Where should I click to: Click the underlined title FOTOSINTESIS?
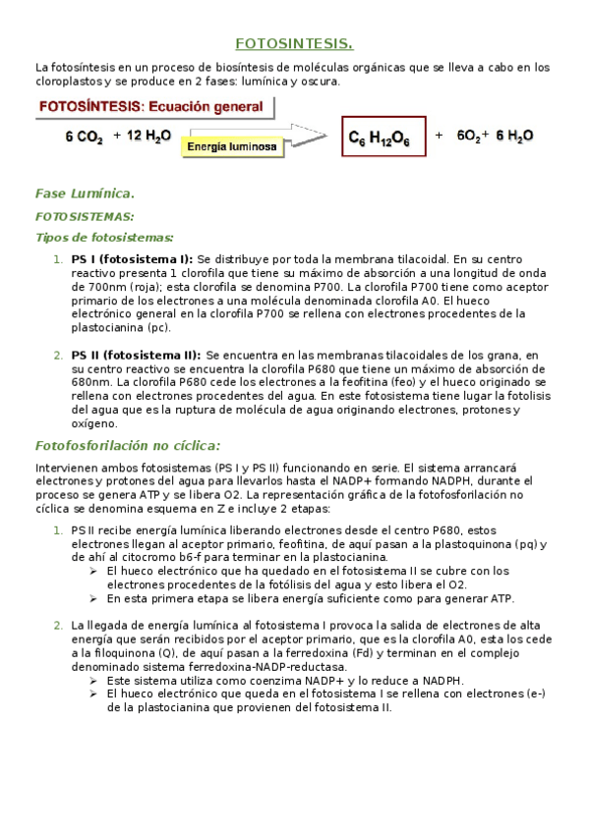point(294,43)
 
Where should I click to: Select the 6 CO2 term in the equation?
point(85,138)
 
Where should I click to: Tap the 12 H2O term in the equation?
point(143,137)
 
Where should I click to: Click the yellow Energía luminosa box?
point(233,146)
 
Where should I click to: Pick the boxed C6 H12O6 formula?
point(385,139)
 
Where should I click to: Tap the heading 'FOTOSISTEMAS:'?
point(85,216)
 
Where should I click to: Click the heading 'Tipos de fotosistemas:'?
point(104,237)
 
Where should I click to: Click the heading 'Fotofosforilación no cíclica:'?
point(128,445)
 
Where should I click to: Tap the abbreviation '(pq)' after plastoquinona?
point(528,543)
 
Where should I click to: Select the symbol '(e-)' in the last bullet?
point(533,693)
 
